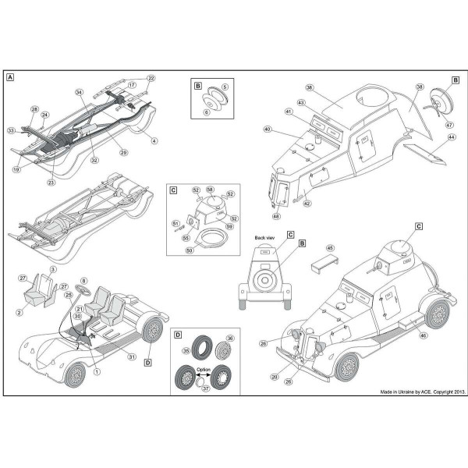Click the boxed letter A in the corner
click(x=10, y=77)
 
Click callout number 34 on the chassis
click(x=79, y=93)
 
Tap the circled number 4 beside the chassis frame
click(x=154, y=140)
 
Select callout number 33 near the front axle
click(x=12, y=129)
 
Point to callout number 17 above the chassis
click(x=133, y=84)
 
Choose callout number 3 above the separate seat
click(x=52, y=270)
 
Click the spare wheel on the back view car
click(x=267, y=278)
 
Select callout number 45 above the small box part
click(x=329, y=249)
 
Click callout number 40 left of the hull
click(x=267, y=129)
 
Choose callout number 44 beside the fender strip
click(x=452, y=136)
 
